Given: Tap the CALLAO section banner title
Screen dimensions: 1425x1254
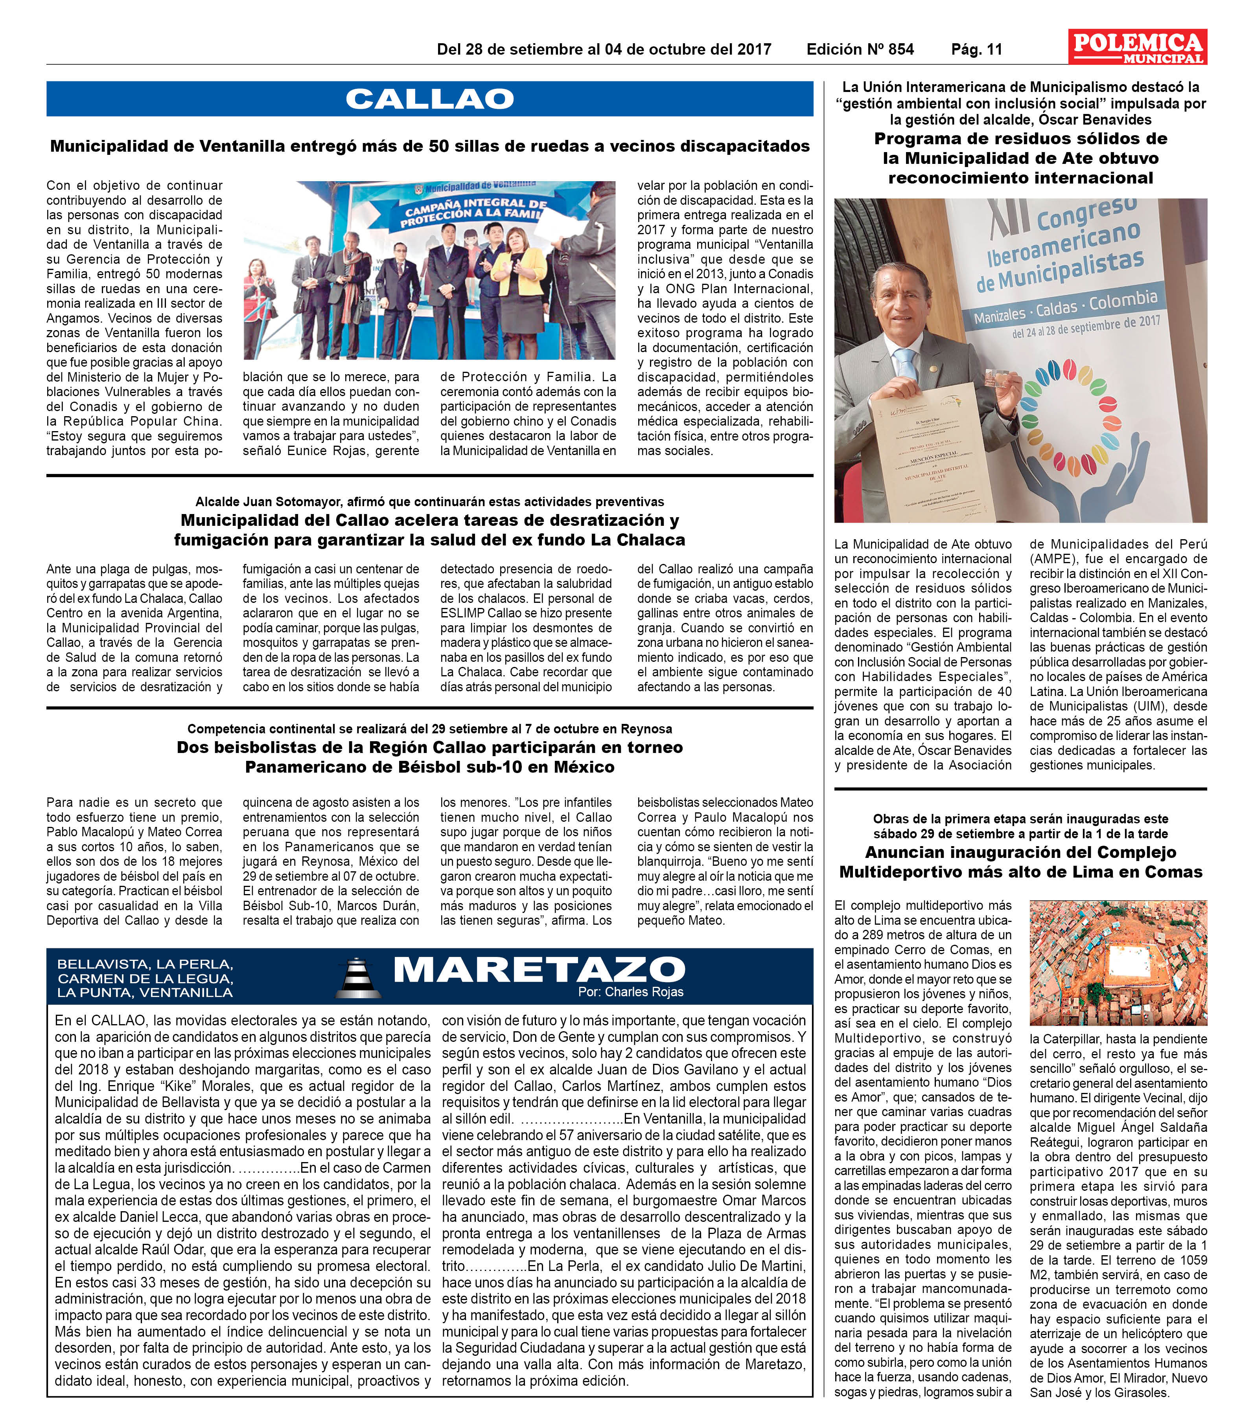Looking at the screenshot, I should point(430,99).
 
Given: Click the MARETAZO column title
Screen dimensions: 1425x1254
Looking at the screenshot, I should point(538,969).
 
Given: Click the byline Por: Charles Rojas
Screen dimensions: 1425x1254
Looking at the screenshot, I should point(630,992).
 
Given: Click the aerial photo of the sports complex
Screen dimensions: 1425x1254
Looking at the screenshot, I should point(1118,962).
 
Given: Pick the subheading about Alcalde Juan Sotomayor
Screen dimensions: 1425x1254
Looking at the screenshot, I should point(430,502).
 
